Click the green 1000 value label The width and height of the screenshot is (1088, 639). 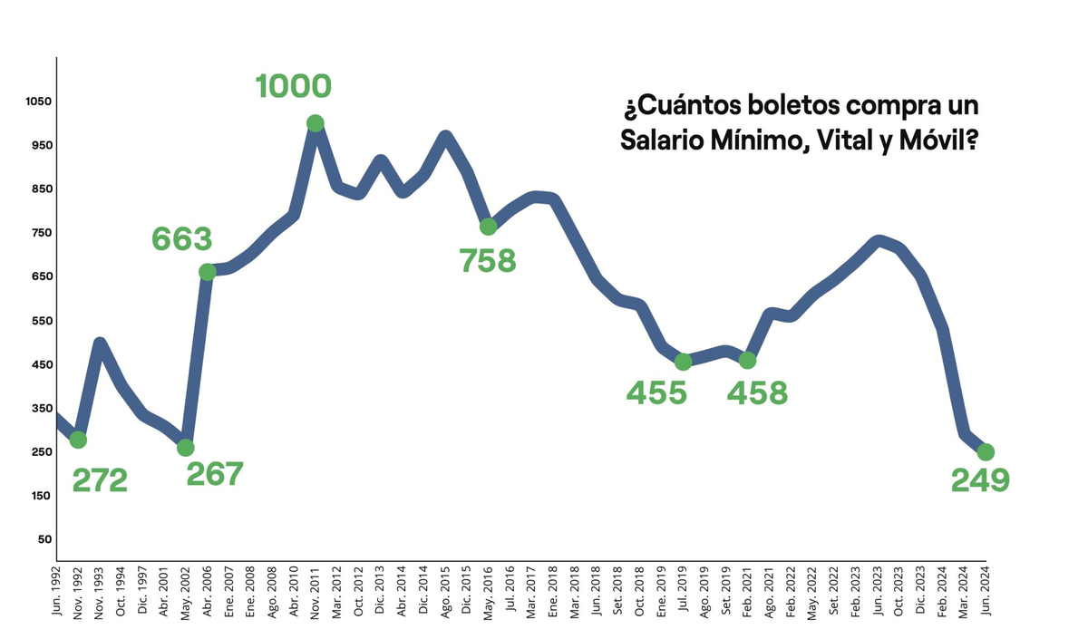(x=293, y=86)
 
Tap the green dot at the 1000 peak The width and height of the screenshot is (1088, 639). (x=315, y=123)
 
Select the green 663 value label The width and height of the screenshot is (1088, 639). (x=181, y=239)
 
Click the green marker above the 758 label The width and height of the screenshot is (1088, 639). (x=488, y=226)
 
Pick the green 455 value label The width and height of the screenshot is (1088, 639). (x=656, y=393)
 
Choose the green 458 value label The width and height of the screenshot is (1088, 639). (x=758, y=393)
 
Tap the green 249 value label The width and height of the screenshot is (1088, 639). (x=980, y=480)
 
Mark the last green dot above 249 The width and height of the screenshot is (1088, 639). (x=986, y=451)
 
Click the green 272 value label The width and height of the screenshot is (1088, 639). (x=99, y=480)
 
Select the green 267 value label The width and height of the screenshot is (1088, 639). (x=215, y=474)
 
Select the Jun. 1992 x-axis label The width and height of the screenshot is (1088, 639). (x=56, y=593)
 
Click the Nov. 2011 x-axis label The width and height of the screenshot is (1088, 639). (x=316, y=593)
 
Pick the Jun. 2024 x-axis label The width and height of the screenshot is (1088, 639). (x=986, y=593)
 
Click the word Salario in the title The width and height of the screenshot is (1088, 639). (x=665, y=140)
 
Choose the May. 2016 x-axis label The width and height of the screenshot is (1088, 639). (x=488, y=593)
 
